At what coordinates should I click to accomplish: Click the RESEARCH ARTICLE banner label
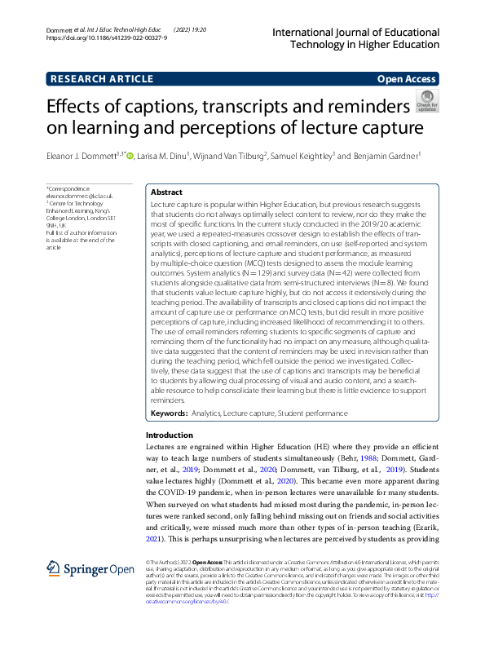101,79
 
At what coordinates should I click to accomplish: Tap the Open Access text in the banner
407,79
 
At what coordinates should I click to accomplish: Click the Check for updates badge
427,101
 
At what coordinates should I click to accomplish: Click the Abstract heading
167,192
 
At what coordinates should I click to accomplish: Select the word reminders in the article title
364,105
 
